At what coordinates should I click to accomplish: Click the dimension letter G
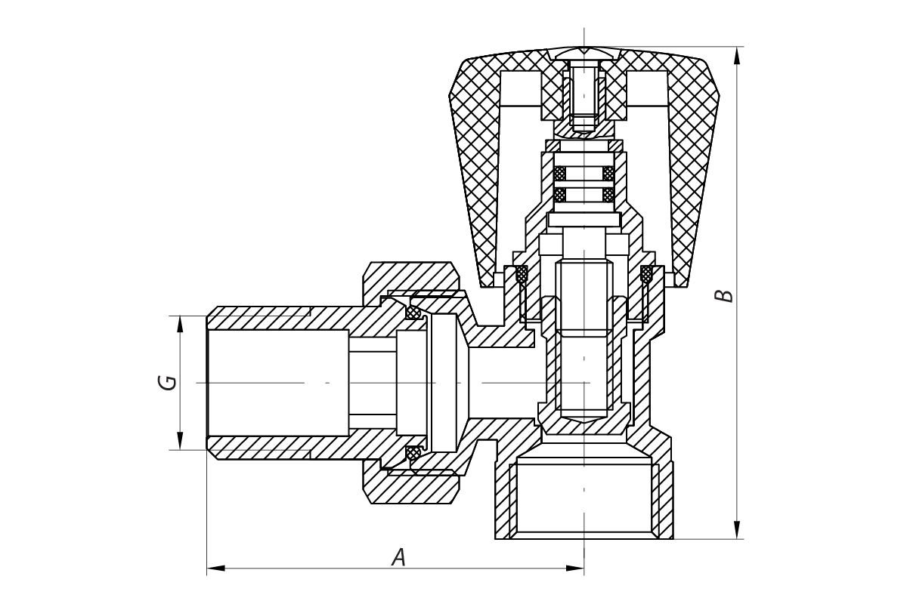[x=168, y=383]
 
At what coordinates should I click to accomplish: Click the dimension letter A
[x=399, y=557]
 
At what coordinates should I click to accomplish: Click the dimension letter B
[x=724, y=296]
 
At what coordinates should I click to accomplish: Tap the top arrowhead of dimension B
[x=737, y=55]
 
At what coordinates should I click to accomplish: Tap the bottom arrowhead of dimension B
[x=737, y=530]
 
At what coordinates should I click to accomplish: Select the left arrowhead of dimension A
[x=216, y=569]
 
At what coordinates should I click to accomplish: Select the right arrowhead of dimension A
[x=575, y=569]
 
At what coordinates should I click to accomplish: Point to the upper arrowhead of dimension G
[x=180, y=325]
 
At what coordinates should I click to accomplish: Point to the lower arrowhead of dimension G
[x=180, y=441]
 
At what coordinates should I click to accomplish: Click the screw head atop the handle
[x=584, y=54]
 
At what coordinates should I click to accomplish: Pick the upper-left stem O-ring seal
[x=560, y=174]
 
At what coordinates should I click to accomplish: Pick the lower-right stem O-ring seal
[x=608, y=195]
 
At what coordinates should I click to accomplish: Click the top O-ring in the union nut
[x=413, y=312]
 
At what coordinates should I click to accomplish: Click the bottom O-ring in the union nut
[x=413, y=453]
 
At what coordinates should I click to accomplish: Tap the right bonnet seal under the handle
[x=647, y=274]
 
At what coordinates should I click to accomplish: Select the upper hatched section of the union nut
[x=411, y=279]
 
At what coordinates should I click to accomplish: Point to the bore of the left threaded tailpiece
[x=278, y=383]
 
